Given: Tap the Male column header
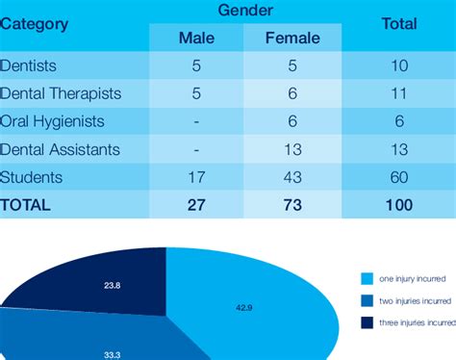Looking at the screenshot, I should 196,39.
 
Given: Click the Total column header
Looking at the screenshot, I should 398,24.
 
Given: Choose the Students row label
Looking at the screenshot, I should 32,177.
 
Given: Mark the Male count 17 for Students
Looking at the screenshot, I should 196,177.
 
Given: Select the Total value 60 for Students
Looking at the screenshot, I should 398,177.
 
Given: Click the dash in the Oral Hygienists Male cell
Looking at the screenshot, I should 196,123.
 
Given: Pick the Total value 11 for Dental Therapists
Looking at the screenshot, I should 398,95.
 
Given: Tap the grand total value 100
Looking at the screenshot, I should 398,204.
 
